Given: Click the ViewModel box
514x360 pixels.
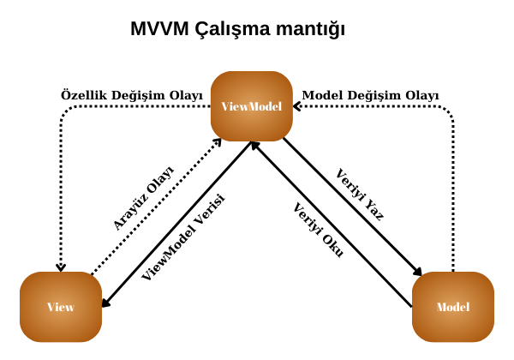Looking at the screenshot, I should coord(252,106).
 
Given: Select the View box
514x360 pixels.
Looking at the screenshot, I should coord(60,307).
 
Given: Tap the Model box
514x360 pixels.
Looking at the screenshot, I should coord(452,307).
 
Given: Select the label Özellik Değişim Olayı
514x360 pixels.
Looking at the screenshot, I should coord(132,94).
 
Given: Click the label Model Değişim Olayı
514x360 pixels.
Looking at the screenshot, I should coord(370,94).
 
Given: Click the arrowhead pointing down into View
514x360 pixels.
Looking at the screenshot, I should coord(61,267).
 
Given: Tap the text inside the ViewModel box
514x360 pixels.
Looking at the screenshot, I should coord(252,106).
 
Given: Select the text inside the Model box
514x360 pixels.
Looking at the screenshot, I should coord(452,307).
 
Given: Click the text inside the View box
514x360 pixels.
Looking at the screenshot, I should coord(60,307).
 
